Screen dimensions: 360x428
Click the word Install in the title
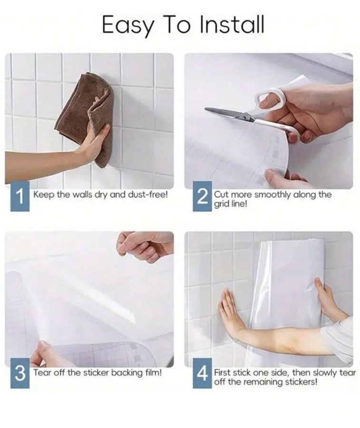pyautogui.click(x=232, y=24)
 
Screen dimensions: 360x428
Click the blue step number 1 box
pyautogui.click(x=19, y=196)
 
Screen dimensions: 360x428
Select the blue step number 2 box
pyautogui.click(x=202, y=196)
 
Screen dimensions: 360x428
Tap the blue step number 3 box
pyautogui.click(x=19, y=374)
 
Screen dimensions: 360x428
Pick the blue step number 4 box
pyautogui.click(x=202, y=374)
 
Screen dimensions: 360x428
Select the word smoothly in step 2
pyautogui.click(x=273, y=195)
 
